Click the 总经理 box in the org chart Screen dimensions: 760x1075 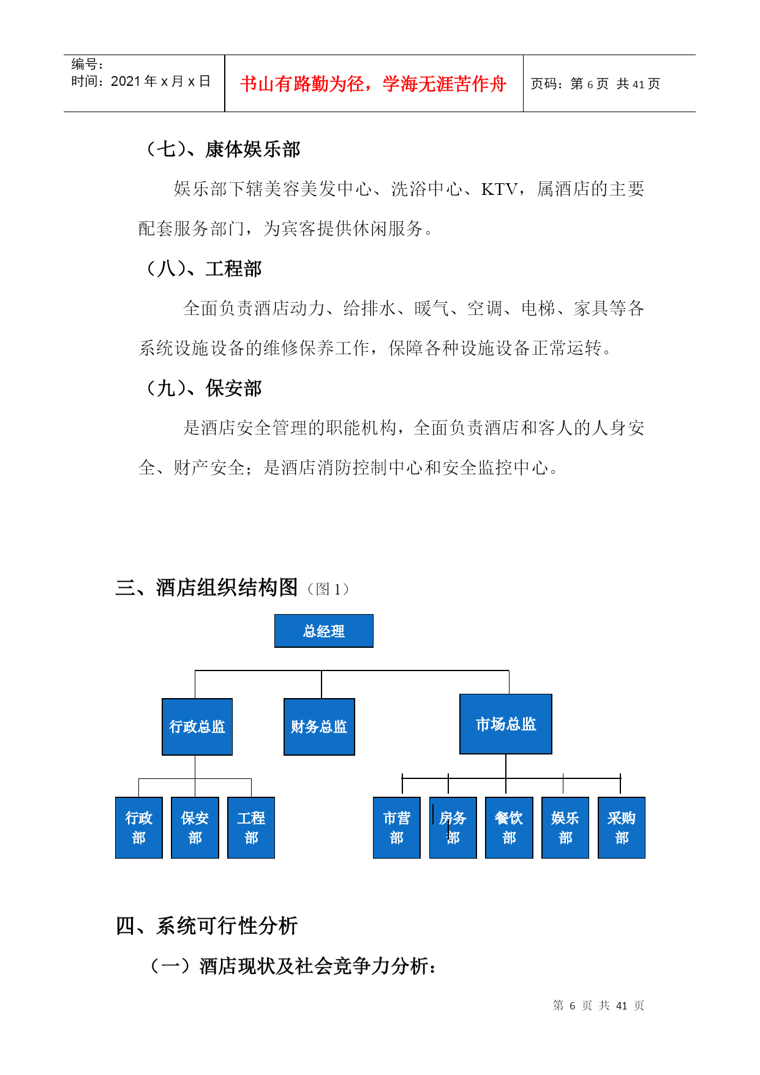click(x=323, y=631)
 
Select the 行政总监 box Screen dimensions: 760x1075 click(x=197, y=727)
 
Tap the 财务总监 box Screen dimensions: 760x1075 click(x=319, y=727)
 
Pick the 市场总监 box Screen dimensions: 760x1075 click(x=506, y=724)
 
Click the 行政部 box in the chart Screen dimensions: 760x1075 click(x=139, y=827)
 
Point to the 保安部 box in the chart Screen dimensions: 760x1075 click(x=195, y=827)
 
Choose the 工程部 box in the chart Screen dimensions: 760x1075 click(x=251, y=827)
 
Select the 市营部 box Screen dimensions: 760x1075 click(x=397, y=827)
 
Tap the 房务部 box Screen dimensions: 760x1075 click(x=453, y=827)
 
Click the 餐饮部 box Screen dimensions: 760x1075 click(x=509, y=827)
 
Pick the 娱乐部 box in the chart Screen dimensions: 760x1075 click(x=565, y=827)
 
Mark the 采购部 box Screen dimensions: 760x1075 click(x=622, y=827)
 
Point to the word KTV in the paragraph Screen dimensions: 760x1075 click(x=500, y=189)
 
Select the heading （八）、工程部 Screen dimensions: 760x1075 click(x=201, y=268)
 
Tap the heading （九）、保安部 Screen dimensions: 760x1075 click(x=201, y=388)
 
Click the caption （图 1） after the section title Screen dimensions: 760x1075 click(x=329, y=589)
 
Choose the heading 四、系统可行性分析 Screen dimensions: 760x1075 click(x=206, y=925)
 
